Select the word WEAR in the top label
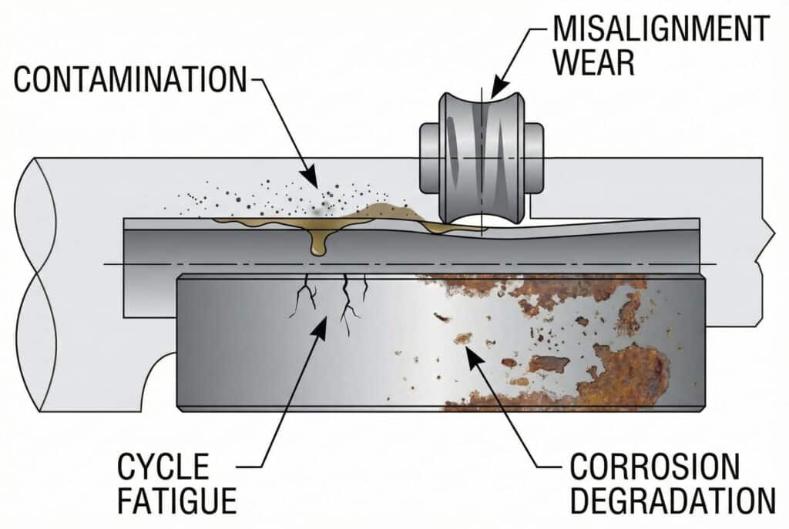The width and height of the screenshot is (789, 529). coord(593,62)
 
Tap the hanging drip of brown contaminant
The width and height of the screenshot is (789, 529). coord(317,246)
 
